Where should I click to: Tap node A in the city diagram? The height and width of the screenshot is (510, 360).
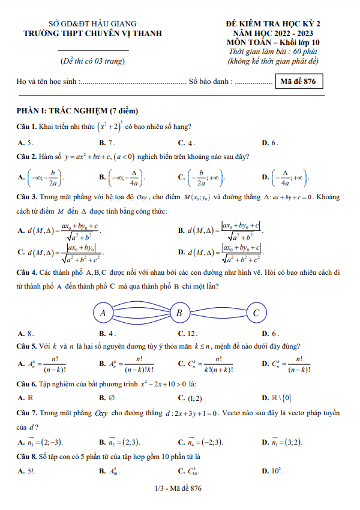point(103,313)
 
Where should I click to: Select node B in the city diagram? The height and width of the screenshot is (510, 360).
point(179,313)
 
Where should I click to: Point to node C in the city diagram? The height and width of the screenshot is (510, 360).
point(256,313)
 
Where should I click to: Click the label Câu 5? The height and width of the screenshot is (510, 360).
point(28,347)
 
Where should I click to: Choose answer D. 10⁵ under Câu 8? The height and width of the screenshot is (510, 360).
point(272,471)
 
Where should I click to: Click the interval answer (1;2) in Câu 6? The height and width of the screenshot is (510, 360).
point(190,398)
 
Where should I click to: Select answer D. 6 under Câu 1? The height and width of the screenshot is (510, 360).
point(269,142)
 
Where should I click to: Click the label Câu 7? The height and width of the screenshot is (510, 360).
point(28,412)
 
